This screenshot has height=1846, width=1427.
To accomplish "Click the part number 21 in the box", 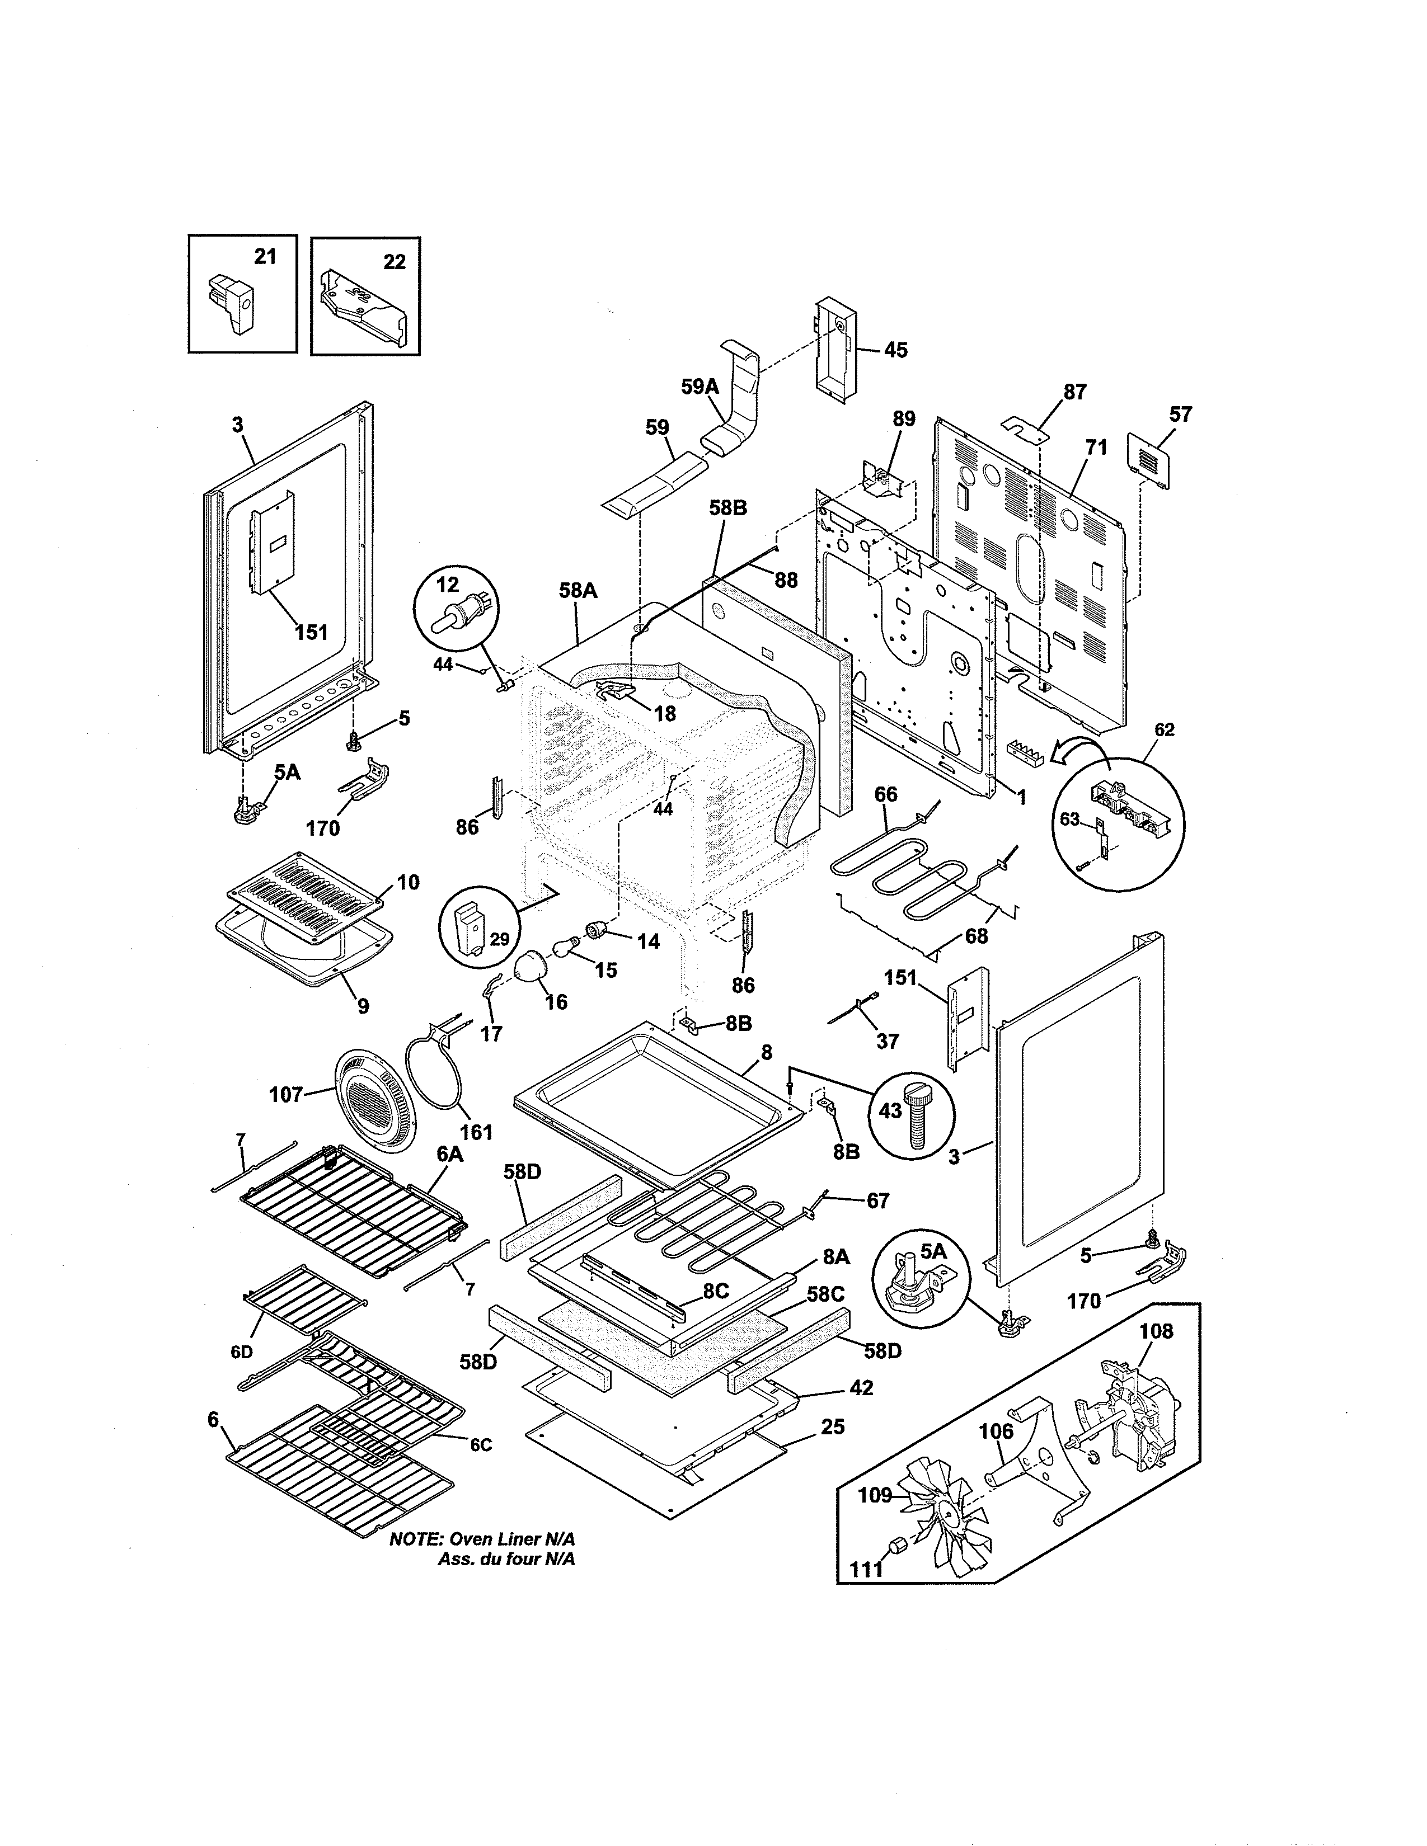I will point(265,256).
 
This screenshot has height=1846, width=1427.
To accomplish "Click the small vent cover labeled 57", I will point(1150,460).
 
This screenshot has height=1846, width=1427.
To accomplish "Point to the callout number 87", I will point(1074,392).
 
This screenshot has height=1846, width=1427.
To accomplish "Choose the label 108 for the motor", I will point(1156,1331).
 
